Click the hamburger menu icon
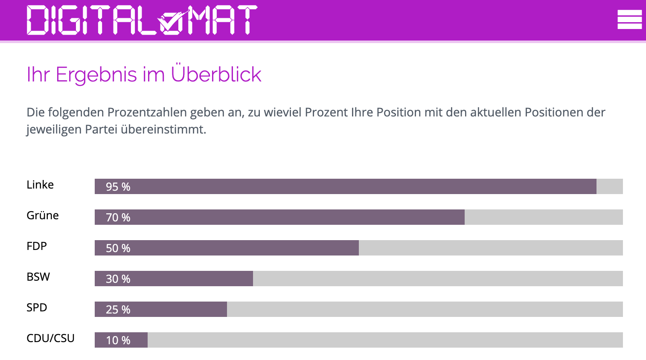(x=629, y=20)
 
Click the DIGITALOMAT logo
(x=142, y=20)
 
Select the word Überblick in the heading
(x=216, y=74)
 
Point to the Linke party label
(x=40, y=185)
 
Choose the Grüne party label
(x=43, y=215)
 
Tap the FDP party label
(x=37, y=246)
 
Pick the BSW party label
(x=38, y=277)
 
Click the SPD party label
(x=37, y=308)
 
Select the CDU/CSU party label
(x=50, y=338)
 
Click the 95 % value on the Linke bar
(x=118, y=187)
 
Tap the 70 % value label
(x=118, y=218)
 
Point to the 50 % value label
(x=118, y=248)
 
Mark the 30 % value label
(x=118, y=279)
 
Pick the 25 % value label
(x=118, y=310)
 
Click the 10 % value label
(x=118, y=340)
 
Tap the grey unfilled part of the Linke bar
(x=609, y=186)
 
